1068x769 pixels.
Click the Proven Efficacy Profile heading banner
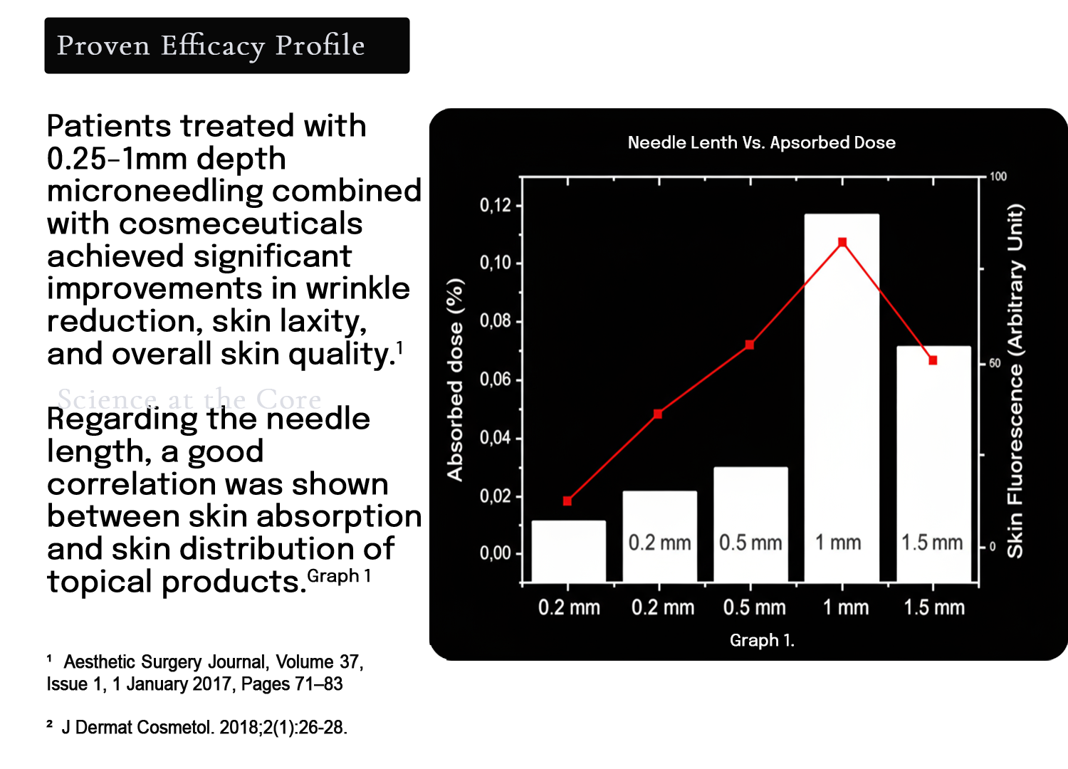[x=226, y=46]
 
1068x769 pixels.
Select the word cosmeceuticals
[x=241, y=224]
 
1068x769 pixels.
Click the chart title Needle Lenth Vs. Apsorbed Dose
[x=761, y=142]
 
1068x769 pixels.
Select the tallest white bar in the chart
[x=842, y=392]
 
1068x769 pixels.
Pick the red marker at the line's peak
[x=842, y=243]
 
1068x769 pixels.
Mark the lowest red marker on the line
[x=567, y=501]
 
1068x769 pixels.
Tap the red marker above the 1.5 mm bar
[x=933, y=360]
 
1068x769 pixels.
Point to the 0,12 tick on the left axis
[x=496, y=206]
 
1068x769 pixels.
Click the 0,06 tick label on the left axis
[x=496, y=380]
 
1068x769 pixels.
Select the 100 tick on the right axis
[x=998, y=177]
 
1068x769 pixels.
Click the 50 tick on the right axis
[x=995, y=363]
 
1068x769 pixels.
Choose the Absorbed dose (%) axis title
[x=455, y=380]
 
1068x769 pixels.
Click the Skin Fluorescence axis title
[x=1015, y=381]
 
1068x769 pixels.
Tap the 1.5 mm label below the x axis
[x=933, y=607]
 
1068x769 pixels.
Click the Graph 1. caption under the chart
[x=762, y=640]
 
